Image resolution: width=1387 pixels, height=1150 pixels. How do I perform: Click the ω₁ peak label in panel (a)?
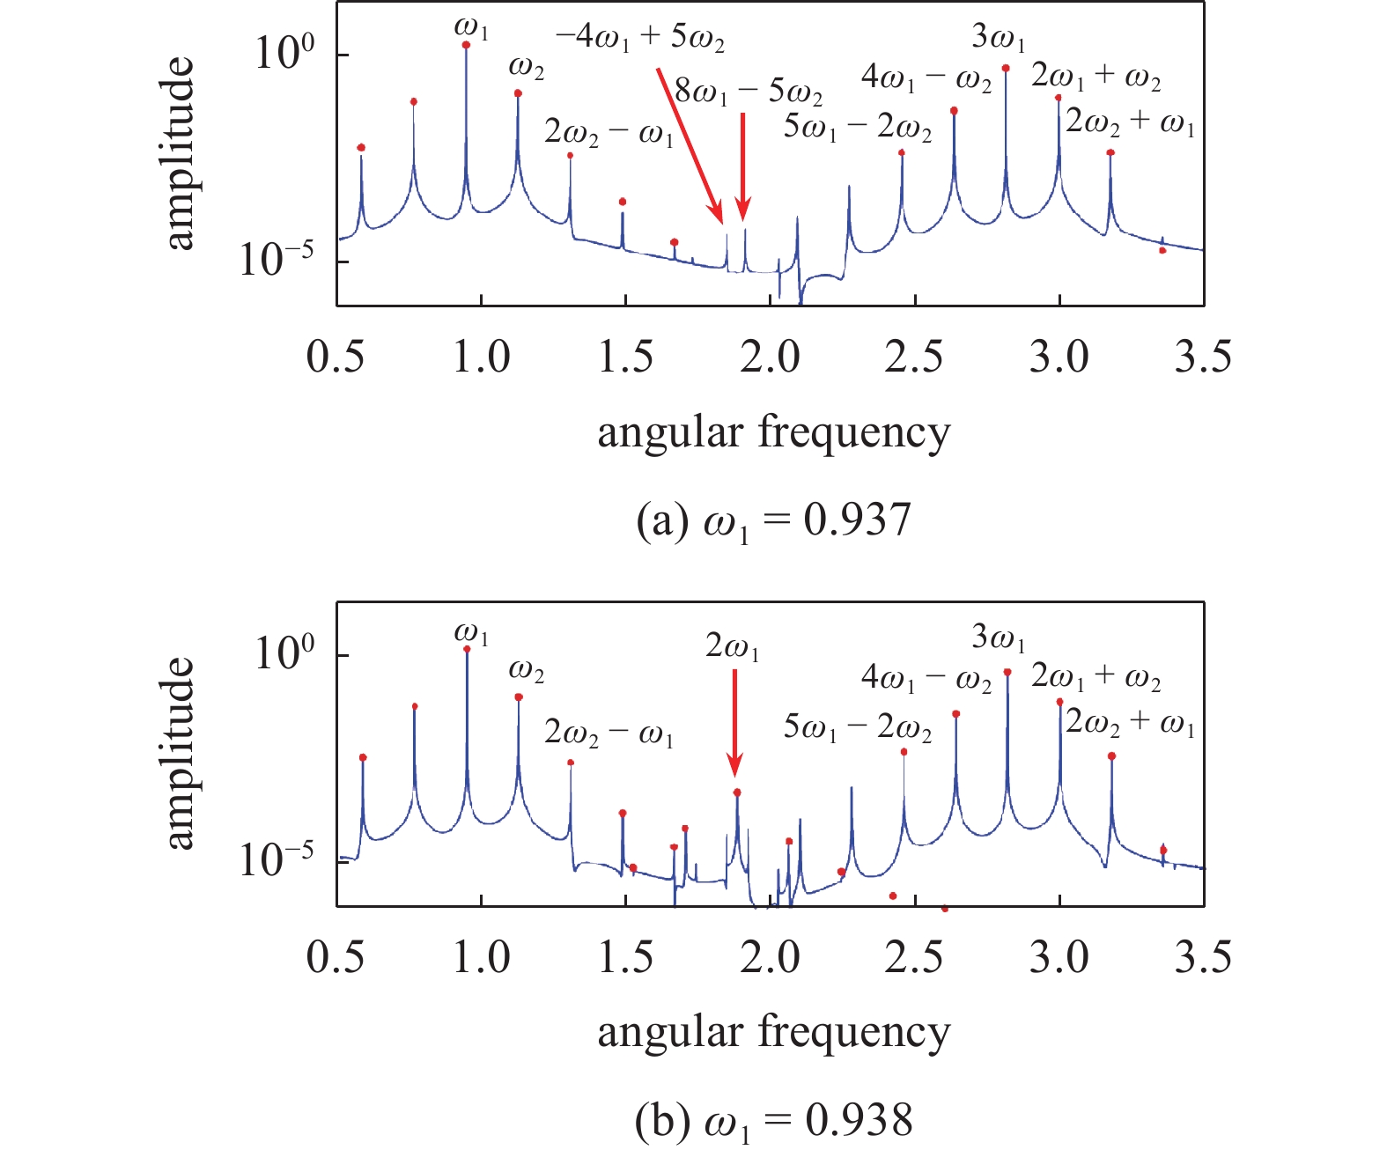[471, 27]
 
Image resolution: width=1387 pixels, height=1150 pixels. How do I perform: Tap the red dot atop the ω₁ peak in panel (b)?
[467, 649]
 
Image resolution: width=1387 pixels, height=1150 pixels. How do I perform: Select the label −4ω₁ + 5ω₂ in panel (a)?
[639, 40]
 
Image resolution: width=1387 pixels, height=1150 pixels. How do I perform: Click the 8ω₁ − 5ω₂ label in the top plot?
[749, 92]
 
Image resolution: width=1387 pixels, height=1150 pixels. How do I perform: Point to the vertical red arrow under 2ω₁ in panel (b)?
[735, 722]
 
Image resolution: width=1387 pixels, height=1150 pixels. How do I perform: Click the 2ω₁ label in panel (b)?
[732, 648]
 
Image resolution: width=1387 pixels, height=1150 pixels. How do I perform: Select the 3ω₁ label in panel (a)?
[999, 38]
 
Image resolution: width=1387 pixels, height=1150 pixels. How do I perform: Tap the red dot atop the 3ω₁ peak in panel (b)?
[1007, 672]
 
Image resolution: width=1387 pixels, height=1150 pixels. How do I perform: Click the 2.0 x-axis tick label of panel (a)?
[770, 358]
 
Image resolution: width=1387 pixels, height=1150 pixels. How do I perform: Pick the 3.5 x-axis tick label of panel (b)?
[1203, 957]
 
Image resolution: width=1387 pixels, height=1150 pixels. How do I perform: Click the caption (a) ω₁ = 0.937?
[773, 521]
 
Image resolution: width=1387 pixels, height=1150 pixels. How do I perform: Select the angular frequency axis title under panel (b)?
[773, 1032]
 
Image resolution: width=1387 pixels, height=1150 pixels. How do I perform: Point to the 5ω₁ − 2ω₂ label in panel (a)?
[857, 129]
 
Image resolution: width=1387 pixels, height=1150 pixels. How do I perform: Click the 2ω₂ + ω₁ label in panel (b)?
[1130, 722]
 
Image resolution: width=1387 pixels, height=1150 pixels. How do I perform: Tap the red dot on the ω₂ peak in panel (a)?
[518, 92]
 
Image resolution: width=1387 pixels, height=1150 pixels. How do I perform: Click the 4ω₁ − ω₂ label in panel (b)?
[926, 679]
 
